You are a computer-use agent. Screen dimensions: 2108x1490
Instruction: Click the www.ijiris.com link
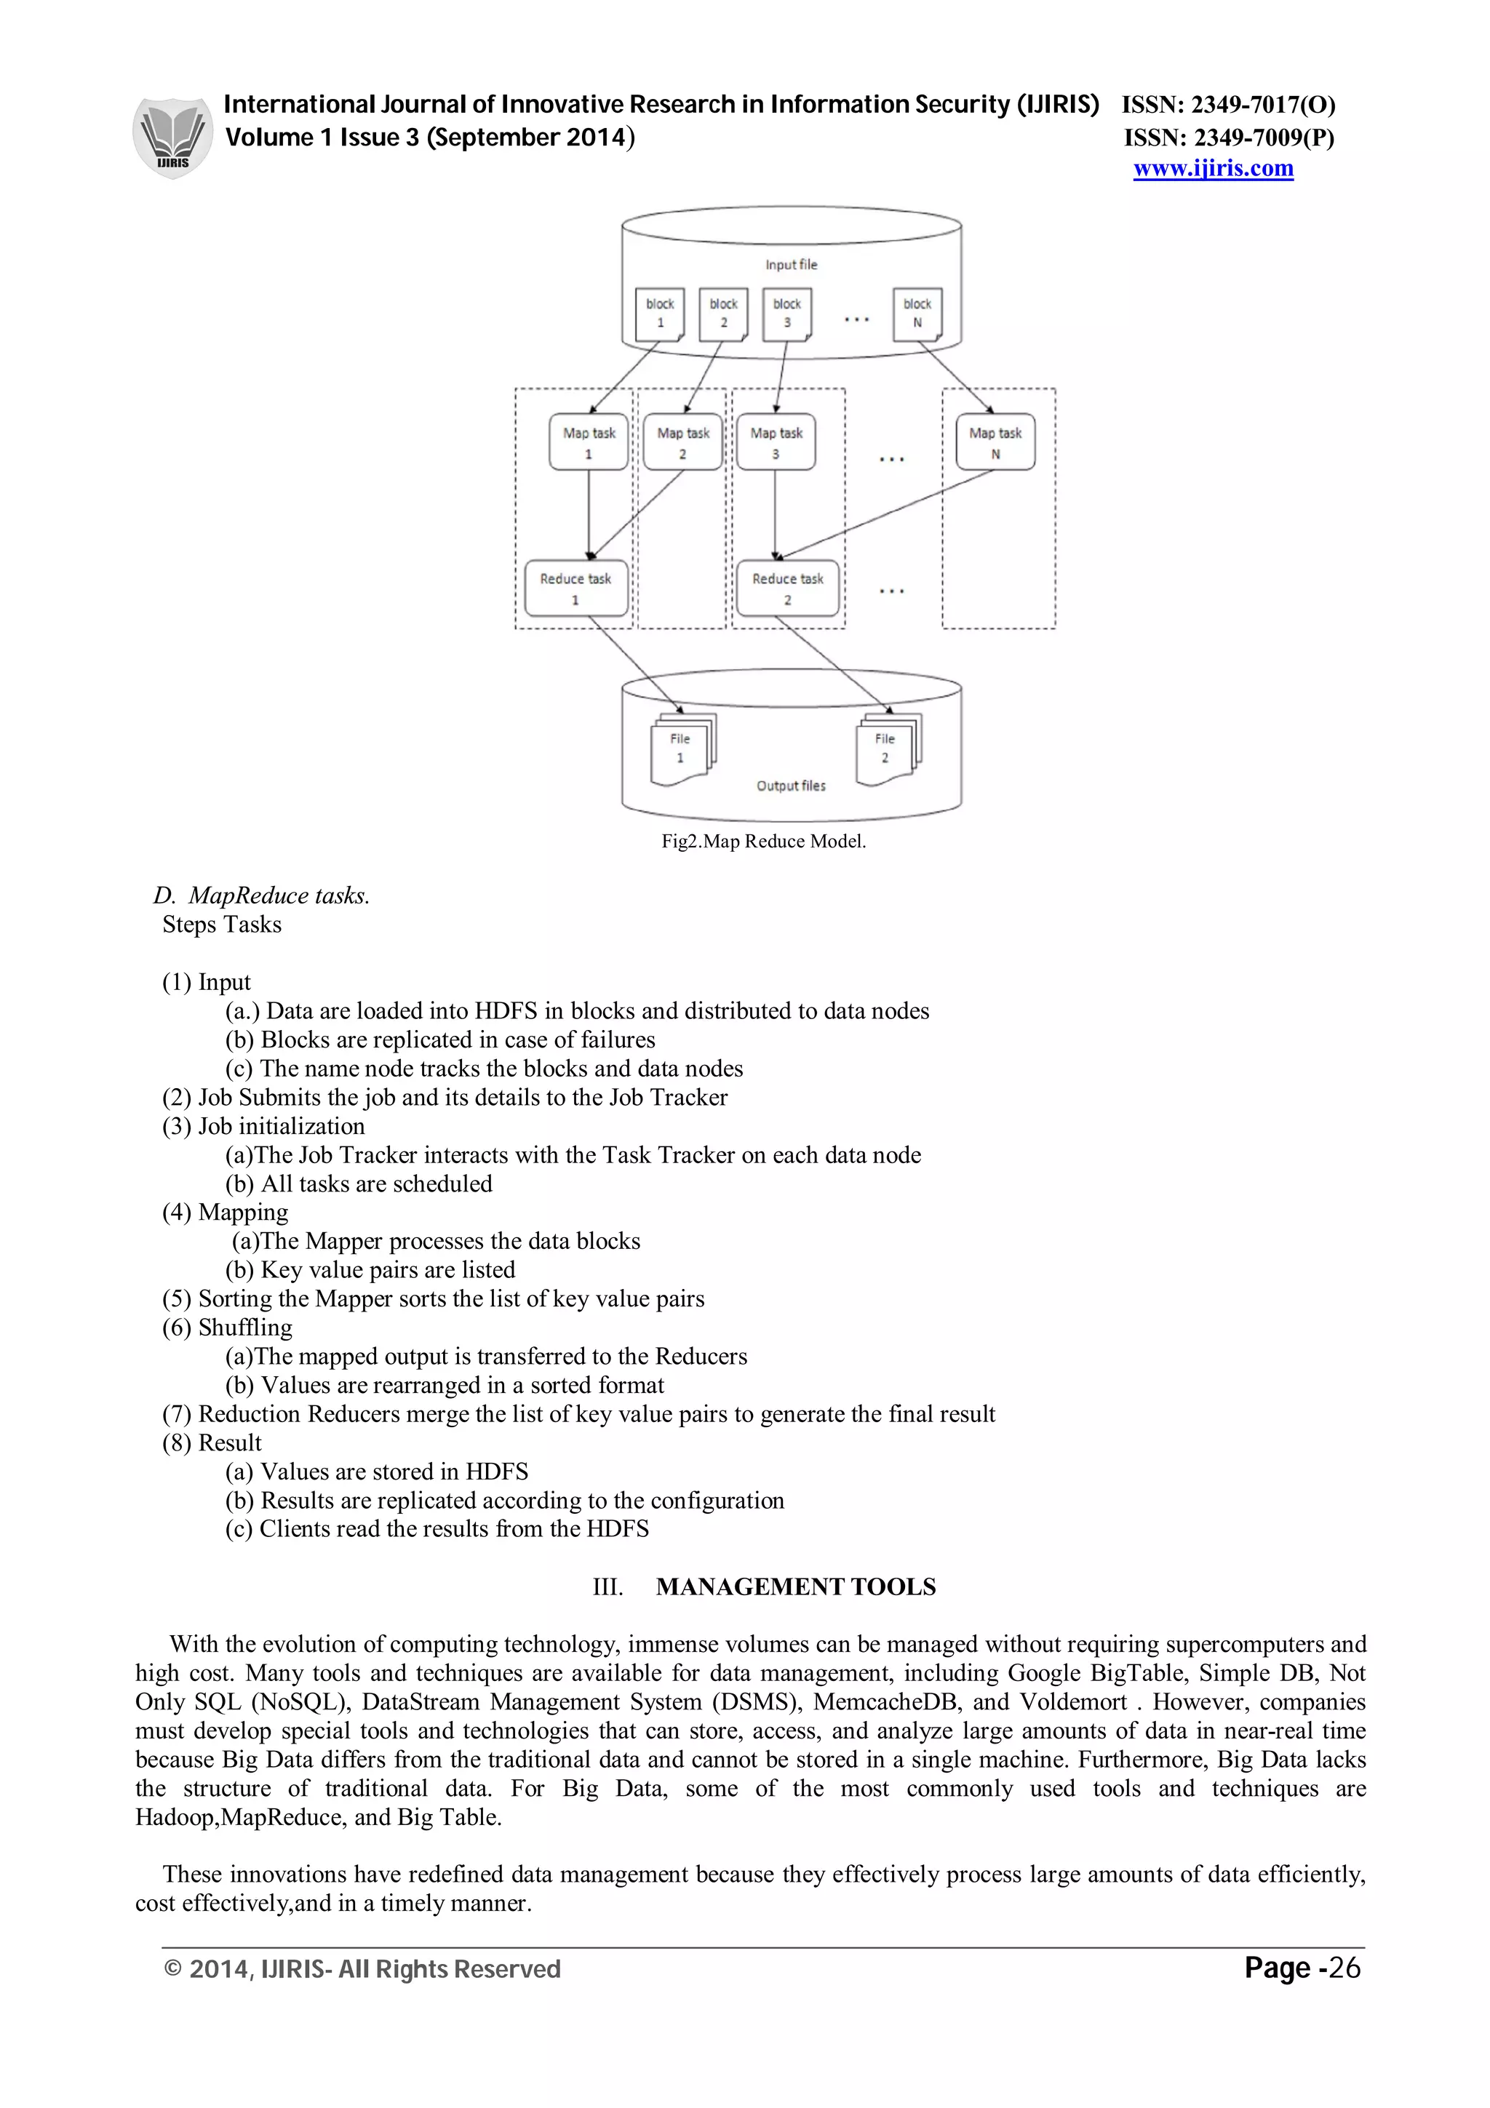pyautogui.click(x=1213, y=169)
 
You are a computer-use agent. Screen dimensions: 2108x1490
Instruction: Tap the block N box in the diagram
pyautogui.click(x=917, y=313)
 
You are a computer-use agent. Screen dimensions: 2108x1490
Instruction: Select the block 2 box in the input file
pyautogui.click(x=723, y=313)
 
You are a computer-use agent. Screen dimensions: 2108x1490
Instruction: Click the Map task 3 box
pyautogui.click(x=776, y=442)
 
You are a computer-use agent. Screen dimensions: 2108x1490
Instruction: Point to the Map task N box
pyautogui.click(x=995, y=442)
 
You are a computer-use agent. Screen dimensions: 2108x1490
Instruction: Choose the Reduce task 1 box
pyautogui.click(x=575, y=588)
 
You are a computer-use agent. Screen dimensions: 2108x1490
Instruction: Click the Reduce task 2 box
pyautogui.click(x=788, y=588)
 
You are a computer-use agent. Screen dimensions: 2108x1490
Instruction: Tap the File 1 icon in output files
pyautogui.click(x=681, y=750)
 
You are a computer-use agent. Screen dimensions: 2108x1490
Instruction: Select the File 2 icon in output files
pyautogui.click(x=886, y=750)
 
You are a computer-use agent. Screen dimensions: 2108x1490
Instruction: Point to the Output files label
pyautogui.click(x=790, y=786)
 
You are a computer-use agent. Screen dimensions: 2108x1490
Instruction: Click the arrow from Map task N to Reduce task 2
pyautogui.click(x=886, y=514)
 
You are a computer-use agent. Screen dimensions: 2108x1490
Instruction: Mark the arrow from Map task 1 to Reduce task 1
pyautogui.click(x=589, y=514)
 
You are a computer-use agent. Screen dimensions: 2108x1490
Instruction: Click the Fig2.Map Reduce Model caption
pyautogui.click(x=763, y=841)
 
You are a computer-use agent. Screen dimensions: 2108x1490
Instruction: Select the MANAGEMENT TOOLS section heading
pyautogui.click(x=795, y=1586)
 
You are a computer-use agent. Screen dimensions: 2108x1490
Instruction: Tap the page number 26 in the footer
pyautogui.click(x=1345, y=1968)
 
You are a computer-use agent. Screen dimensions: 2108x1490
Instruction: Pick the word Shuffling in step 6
pyautogui.click(x=245, y=1328)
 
